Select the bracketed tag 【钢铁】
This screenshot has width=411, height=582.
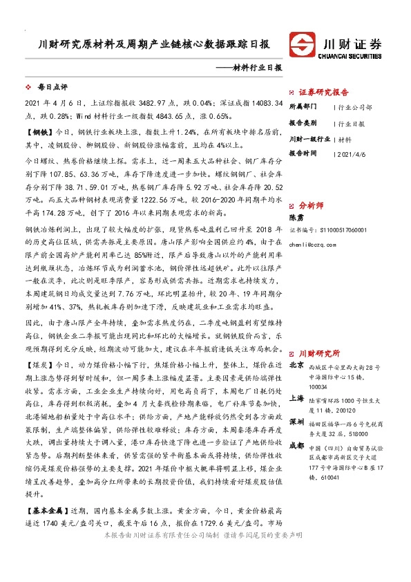(x=39, y=130)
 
